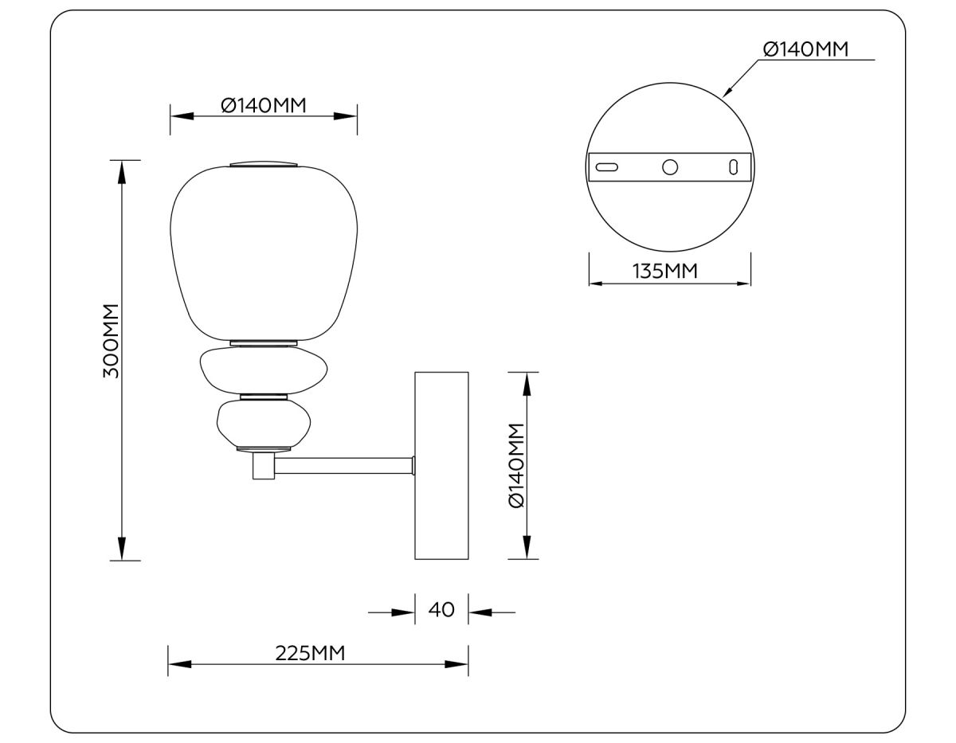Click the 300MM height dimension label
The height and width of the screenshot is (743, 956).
tap(111, 340)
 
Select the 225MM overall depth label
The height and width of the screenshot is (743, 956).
tap(310, 653)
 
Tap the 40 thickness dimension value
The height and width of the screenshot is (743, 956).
tap(441, 610)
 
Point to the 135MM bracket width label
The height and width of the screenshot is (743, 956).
tap(665, 272)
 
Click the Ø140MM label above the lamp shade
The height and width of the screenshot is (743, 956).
tap(264, 105)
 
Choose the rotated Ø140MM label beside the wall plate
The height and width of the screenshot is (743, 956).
tap(515, 465)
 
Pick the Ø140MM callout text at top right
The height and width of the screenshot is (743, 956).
tap(805, 49)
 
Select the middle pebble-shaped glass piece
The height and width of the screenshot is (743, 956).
tap(264, 370)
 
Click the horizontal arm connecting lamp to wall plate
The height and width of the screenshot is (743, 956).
tap(343, 466)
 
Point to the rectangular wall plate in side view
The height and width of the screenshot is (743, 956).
tap(441, 465)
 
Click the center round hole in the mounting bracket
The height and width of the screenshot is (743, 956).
tap(670, 166)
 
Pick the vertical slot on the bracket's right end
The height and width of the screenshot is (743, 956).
tap(734, 166)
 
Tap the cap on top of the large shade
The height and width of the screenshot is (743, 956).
tap(264, 165)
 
